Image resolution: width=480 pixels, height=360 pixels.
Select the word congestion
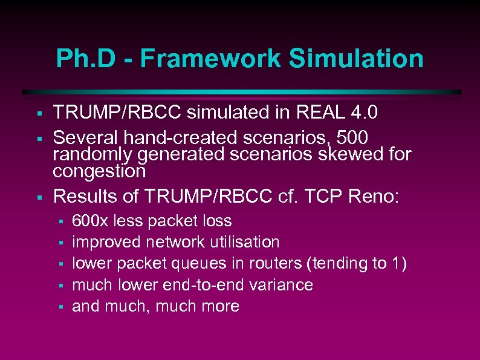(x=99, y=171)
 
